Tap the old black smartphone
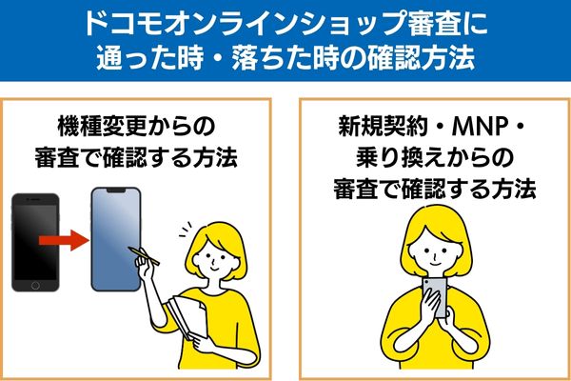[x=35, y=242]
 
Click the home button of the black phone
[x=35, y=284]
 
